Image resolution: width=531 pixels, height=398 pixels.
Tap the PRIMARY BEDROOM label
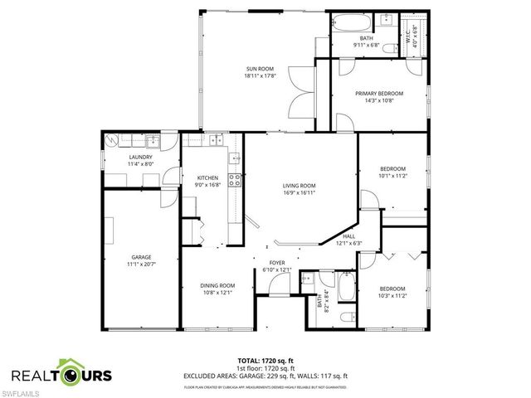point(378,94)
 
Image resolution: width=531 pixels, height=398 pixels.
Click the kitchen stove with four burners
point(236,181)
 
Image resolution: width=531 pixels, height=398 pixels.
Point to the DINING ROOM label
point(217,285)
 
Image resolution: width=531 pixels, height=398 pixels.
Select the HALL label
point(348,236)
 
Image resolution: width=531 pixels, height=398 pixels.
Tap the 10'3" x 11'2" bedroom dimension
point(392,295)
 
